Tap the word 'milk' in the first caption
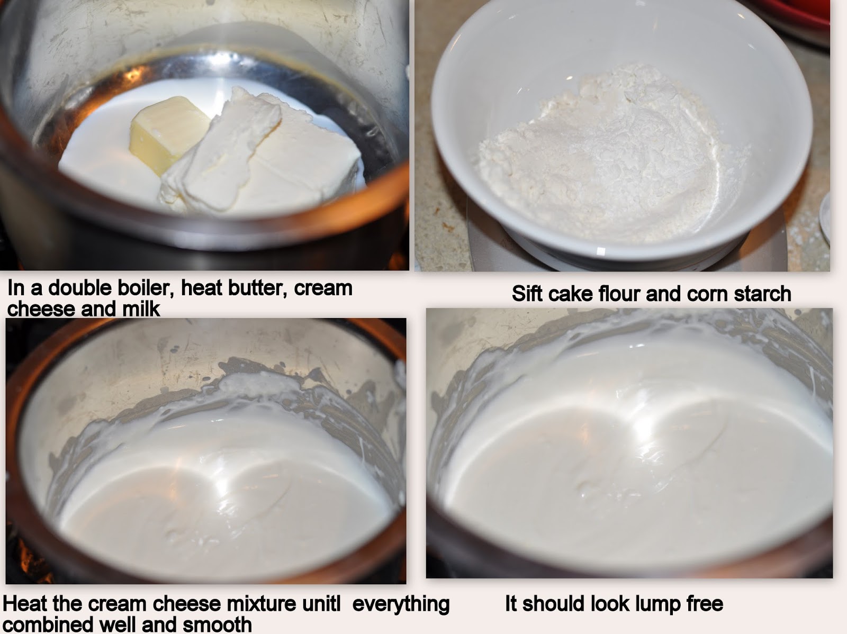point(141,309)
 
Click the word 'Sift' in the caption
point(527,294)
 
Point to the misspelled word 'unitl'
point(321,603)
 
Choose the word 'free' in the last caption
point(705,603)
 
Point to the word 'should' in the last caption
point(554,603)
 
